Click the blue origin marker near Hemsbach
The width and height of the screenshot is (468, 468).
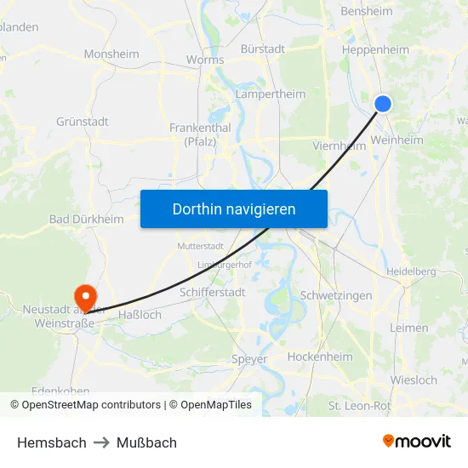coord(383,104)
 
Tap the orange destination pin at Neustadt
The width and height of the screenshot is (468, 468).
coord(86,296)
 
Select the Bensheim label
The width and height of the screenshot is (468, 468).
coord(366,12)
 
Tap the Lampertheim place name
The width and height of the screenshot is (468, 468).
coord(270,94)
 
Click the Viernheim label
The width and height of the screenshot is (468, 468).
coord(340,146)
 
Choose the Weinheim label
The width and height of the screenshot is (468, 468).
coord(397,140)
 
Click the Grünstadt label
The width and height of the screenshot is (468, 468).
coord(83,122)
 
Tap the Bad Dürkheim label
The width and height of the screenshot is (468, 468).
coord(87,220)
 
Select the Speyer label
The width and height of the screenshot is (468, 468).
coord(249,359)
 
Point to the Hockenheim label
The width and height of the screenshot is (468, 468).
coord(320,357)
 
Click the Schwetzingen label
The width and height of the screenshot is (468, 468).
coord(336,295)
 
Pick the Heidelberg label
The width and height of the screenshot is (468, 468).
coord(411,271)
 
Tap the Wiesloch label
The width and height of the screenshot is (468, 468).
coord(414,380)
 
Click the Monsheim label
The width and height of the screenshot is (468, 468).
coord(111,54)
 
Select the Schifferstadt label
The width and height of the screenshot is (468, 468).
coord(213,292)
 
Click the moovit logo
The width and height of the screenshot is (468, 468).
coord(417,441)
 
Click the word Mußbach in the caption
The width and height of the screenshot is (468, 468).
coord(147,442)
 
